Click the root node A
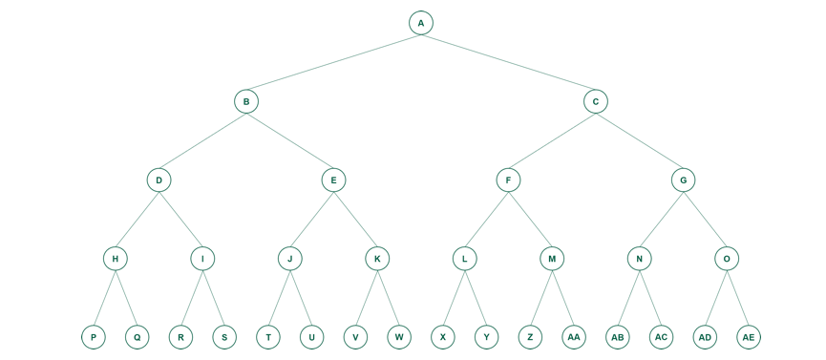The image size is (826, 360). (421, 23)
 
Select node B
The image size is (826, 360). (246, 101)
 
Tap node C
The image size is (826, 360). (596, 101)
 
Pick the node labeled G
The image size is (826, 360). (683, 180)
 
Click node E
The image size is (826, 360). (333, 180)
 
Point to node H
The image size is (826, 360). (116, 259)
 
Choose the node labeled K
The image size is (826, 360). (377, 259)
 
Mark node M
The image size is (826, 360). (552, 259)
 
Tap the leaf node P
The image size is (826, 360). (94, 337)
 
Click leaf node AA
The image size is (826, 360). (574, 337)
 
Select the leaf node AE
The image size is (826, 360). (749, 337)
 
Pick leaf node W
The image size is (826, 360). (399, 337)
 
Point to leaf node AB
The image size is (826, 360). (618, 337)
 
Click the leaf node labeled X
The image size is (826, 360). (443, 337)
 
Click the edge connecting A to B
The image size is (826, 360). (333, 62)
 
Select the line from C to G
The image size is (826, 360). (639, 140)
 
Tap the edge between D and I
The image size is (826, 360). (180, 219)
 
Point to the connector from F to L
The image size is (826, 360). (486, 219)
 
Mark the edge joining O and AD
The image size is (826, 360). (716, 298)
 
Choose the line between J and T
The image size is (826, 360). (279, 298)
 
